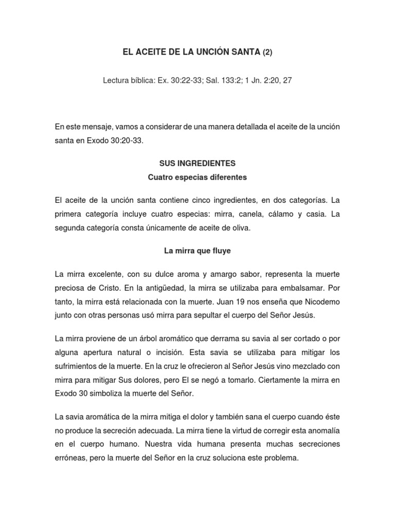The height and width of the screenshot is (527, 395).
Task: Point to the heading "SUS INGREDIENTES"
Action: tap(197, 163)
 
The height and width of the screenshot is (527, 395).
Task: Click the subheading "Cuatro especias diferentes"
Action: tap(197, 178)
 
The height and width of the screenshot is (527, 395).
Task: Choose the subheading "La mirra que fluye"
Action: tap(197, 251)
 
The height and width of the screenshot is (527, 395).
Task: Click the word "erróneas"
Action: tap(70, 458)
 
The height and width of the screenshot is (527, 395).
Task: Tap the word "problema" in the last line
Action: tap(281, 458)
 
